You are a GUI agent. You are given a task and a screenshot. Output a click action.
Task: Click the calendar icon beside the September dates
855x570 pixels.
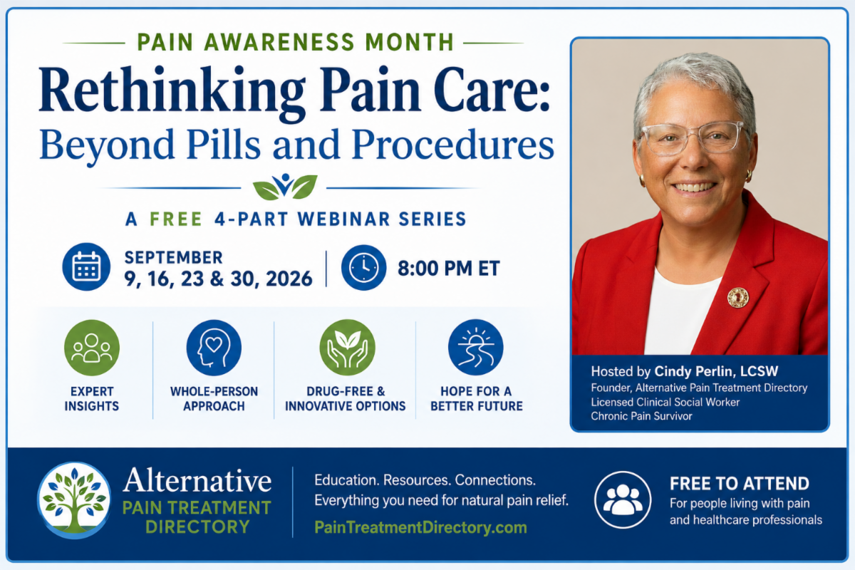click(86, 266)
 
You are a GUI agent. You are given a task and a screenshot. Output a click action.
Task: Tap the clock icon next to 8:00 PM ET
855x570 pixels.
click(363, 268)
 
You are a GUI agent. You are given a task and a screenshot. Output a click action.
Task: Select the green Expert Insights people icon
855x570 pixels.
click(92, 348)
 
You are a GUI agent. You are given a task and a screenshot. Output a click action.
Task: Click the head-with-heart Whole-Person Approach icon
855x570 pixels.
click(214, 348)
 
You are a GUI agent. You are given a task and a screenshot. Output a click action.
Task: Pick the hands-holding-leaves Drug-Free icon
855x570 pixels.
click(348, 348)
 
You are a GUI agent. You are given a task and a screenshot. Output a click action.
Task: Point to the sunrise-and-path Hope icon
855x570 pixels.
click(476, 348)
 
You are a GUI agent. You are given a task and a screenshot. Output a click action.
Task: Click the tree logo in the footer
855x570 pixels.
click(74, 500)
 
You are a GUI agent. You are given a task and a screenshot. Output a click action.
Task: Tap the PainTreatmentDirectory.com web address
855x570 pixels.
click(420, 528)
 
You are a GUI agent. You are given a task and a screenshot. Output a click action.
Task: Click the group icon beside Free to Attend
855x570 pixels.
click(623, 499)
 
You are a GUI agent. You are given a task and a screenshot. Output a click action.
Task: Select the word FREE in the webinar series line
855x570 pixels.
click(175, 219)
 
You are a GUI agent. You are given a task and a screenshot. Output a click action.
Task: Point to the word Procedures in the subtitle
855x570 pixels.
click(453, 145)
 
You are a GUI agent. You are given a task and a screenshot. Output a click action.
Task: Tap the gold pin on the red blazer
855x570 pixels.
click(738, 297)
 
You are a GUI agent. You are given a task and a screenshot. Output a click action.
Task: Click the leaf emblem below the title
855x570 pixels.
click(285, 187)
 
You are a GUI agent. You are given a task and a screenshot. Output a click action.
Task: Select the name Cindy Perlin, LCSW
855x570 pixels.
click(716, 371)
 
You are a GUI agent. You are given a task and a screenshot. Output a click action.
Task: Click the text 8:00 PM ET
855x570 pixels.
click(449, 268)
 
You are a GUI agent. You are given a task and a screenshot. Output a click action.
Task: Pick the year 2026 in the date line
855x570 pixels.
click(289, 279)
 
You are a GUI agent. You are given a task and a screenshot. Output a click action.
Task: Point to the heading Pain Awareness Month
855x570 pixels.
click(296, 42)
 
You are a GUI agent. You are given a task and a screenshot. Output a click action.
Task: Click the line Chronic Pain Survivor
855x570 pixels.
click(641, 416)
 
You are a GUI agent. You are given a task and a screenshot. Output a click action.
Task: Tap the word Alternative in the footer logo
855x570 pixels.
click(197, 481)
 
